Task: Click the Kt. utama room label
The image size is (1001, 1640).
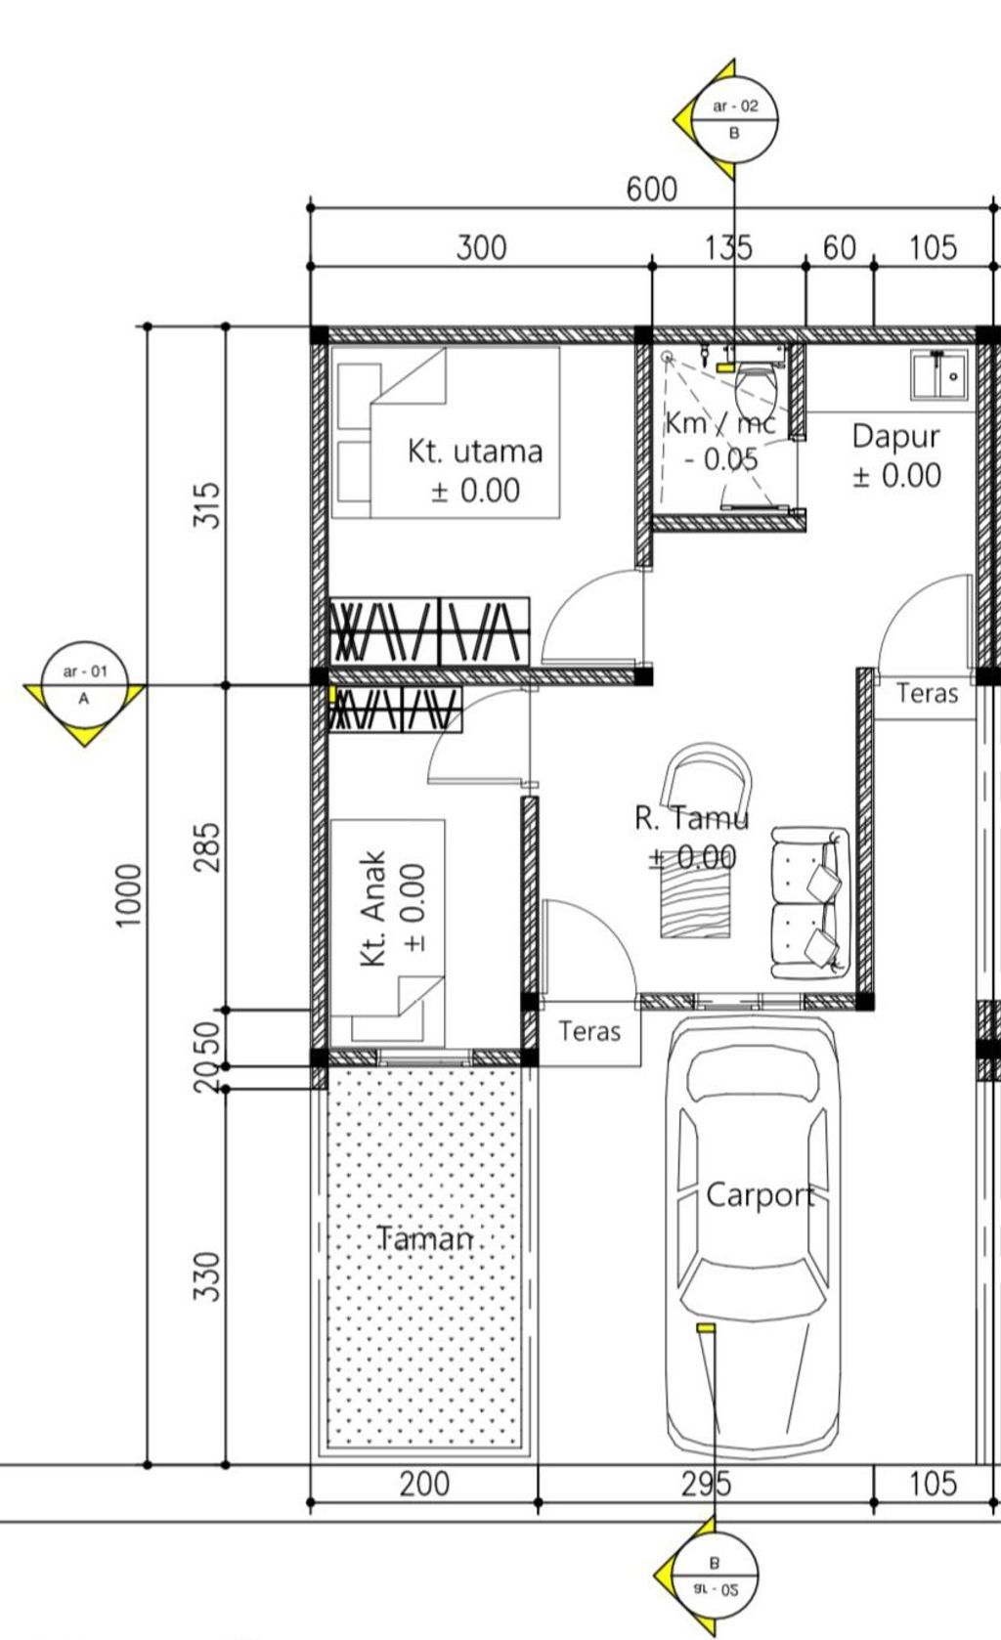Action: point(475,452)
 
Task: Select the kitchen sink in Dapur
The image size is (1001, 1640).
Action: point(938,375)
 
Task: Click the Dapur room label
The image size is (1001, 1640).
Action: point(896,437)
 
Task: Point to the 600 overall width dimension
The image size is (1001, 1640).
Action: point(652,190)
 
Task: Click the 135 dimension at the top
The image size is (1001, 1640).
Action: point(728,248)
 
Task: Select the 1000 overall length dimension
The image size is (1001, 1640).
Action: point(128,895)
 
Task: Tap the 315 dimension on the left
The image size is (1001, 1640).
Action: point(206,504)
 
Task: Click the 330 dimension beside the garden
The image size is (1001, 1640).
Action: point(206,1276)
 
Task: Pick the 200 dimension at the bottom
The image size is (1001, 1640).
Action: point(424,1484)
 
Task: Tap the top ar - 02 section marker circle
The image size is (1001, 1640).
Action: point(734,119)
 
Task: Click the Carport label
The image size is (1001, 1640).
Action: point(761,1195)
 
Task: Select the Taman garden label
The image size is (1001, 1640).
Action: point(425,1238)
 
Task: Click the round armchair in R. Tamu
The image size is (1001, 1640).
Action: point(706,778)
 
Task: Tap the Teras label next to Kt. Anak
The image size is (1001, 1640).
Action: point(589,1031)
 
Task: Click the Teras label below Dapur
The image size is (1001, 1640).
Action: point(927,693)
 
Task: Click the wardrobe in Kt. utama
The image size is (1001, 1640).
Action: point(430,631)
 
